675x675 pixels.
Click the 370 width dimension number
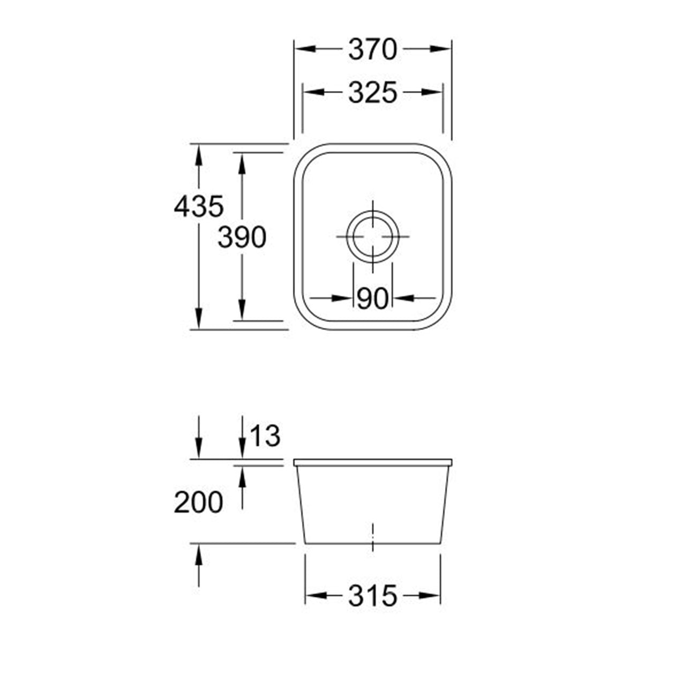click(x=373, y=49)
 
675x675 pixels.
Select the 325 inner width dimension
click(x=373, y=93)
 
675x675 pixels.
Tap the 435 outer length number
click(x=199, y=206)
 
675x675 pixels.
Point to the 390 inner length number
click(x=242, y=237)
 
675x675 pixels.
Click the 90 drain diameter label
click(x=373, y=298)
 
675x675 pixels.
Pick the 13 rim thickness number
click(x=266, y=436)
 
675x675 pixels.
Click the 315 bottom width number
click(x=373, y=595)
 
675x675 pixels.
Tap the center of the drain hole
click(x=373, y=237)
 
